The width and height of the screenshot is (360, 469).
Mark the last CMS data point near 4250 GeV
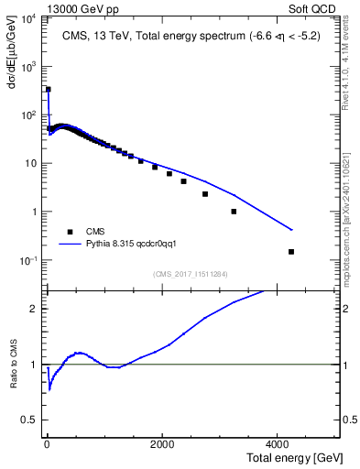pyautogui.click(x=291, y=251)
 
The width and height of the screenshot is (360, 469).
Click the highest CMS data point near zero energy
pyautogui.click(x=48, y=90)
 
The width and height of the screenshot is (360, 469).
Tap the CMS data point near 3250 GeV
pyautogui.click(x=234, y=212)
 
